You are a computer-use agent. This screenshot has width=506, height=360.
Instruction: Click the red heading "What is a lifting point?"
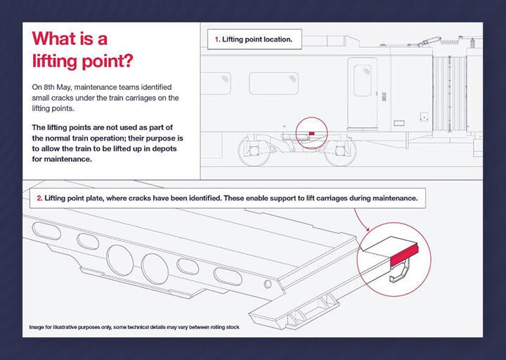pyautogui.click(x=82, y=50)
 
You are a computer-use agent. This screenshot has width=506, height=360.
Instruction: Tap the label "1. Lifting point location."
pyautogui.click(x=254, y=39)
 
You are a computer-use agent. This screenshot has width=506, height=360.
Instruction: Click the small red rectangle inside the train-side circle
pyautogui.click(x=311, y=134)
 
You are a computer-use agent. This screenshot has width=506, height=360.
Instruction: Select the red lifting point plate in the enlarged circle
pyautogui.click(x=404, y=255)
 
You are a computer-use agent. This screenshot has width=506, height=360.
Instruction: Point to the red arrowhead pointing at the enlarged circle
pyautogui.click(x=368, y=229)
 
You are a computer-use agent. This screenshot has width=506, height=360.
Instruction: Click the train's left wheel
pyautogui.click(x=254, y=150)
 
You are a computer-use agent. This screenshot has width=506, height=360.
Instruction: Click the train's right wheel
pyautogui.click(x=340, y=150)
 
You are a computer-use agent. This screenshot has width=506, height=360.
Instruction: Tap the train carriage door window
pyautogui.click(x=363, y=80)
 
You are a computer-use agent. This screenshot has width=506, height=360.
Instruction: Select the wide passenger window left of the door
pyautogui.click(x=273, y=83)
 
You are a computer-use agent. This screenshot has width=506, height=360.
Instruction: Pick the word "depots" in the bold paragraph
pyautogui.click(x=164, y=149)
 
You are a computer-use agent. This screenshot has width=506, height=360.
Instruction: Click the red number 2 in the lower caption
pyautogui.click(x=39, y=198)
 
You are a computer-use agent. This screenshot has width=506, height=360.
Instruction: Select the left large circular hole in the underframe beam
pyautogui.click(x=119, y=260)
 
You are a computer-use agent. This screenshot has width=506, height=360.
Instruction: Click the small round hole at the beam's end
pyautogui.click(x=268, y=284)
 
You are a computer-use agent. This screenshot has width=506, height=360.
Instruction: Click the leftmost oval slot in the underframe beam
pyautogui.click(x=46, y=231)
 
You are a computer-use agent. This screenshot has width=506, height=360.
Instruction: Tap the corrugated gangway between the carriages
pyautogui.click(x=449, y=94)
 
